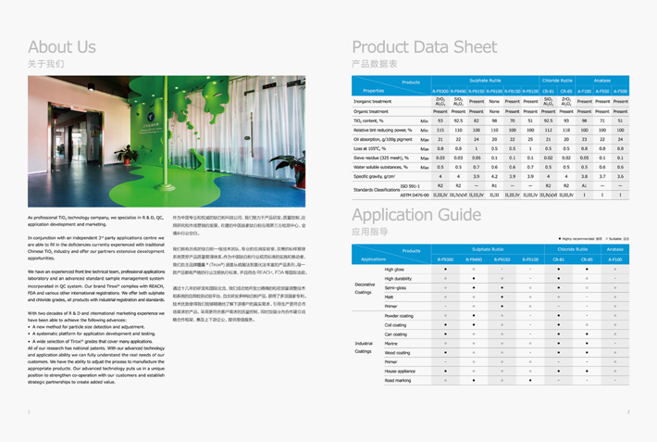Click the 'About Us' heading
[61, 46]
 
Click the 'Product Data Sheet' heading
[425, 46]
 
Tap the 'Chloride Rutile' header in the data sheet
[558, 81]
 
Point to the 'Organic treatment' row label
[372, 111]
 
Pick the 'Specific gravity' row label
[375, 176]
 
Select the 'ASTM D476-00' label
[415, 195]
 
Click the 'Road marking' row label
[399, 380]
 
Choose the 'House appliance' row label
[401, 371]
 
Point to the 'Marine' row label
[392, 343]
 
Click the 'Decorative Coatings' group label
[365, 288]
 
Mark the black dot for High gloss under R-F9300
[445, 269]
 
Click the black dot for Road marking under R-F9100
[530, 380]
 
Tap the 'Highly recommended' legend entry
[580, 239]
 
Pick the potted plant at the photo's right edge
[293, 167]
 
